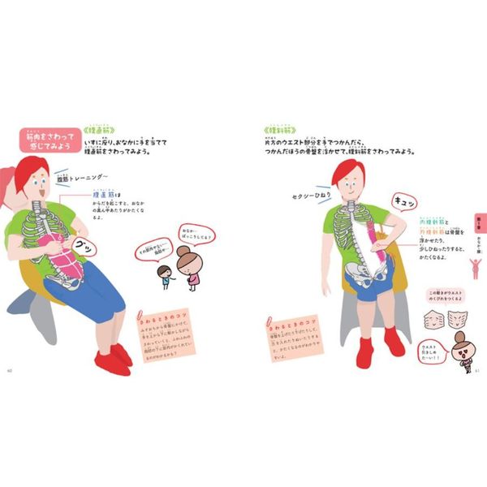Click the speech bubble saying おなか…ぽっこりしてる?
click(x=199, y=236)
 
